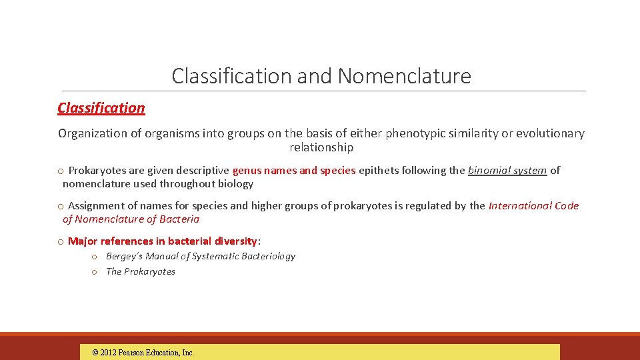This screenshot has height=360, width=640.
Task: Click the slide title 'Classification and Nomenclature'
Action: (321, 76)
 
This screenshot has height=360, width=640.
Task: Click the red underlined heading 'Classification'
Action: (101, 108)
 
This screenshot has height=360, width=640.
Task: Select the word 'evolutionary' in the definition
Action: (550, 133)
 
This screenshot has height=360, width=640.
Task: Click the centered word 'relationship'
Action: (321, 147)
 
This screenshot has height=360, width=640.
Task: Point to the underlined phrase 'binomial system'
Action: (507, 171)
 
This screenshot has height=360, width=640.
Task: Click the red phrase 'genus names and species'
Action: (294, 171)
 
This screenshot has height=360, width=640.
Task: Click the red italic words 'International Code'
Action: (533, 206)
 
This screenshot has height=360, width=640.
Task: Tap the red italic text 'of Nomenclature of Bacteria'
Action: (131, 219)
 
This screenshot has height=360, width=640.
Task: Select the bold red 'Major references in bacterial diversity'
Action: (162, 241)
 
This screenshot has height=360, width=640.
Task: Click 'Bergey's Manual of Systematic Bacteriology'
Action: (200, 256)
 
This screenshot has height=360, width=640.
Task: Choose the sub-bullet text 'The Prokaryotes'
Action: (141, 271)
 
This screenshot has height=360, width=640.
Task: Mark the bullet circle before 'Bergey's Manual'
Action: (95, 257)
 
